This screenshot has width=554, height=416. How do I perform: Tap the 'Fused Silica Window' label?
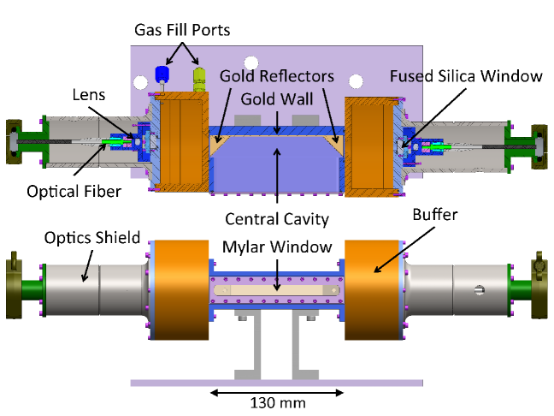tap(466, 76)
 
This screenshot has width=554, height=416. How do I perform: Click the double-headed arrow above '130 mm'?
tap(277, 392)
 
